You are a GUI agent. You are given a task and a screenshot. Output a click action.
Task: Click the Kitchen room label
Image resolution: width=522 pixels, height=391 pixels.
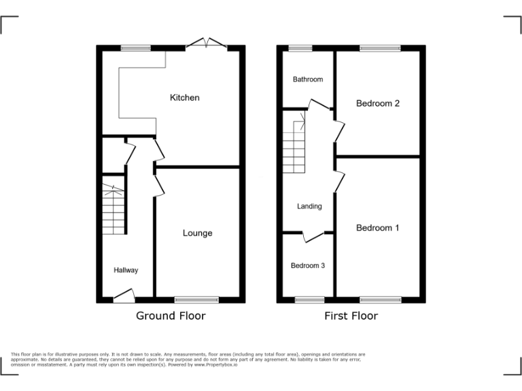185,98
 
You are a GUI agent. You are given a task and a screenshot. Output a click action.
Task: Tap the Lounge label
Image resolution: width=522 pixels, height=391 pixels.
197,233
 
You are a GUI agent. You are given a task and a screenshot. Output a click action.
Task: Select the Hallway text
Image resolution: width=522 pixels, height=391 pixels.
126,270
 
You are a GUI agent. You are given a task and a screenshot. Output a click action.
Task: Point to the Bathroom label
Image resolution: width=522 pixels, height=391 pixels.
308,79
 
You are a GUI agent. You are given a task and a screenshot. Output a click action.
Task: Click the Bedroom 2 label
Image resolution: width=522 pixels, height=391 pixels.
378,103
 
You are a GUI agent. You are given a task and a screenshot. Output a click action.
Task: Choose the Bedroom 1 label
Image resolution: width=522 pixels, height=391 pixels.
378,228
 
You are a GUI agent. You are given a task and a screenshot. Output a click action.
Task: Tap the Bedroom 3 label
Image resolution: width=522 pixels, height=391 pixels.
308,265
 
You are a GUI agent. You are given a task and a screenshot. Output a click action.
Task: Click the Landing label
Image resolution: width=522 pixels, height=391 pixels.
309,206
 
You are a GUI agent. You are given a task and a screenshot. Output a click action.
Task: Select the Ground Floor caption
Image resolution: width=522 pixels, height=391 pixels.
171,316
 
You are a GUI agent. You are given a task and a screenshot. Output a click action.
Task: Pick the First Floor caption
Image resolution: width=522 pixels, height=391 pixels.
351,316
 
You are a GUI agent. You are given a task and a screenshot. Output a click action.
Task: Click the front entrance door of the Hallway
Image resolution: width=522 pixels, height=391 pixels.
124,295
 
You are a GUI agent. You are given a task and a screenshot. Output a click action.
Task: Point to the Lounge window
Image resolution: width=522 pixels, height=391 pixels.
197,299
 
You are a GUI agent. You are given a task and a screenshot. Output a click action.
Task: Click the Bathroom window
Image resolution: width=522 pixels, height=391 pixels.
300,48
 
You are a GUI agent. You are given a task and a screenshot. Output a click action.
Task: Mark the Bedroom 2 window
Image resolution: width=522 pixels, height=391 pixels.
380,48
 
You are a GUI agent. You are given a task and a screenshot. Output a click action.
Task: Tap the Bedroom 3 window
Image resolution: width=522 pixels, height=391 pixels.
309,299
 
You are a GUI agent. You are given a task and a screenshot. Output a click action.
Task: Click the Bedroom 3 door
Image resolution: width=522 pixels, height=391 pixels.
313,236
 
